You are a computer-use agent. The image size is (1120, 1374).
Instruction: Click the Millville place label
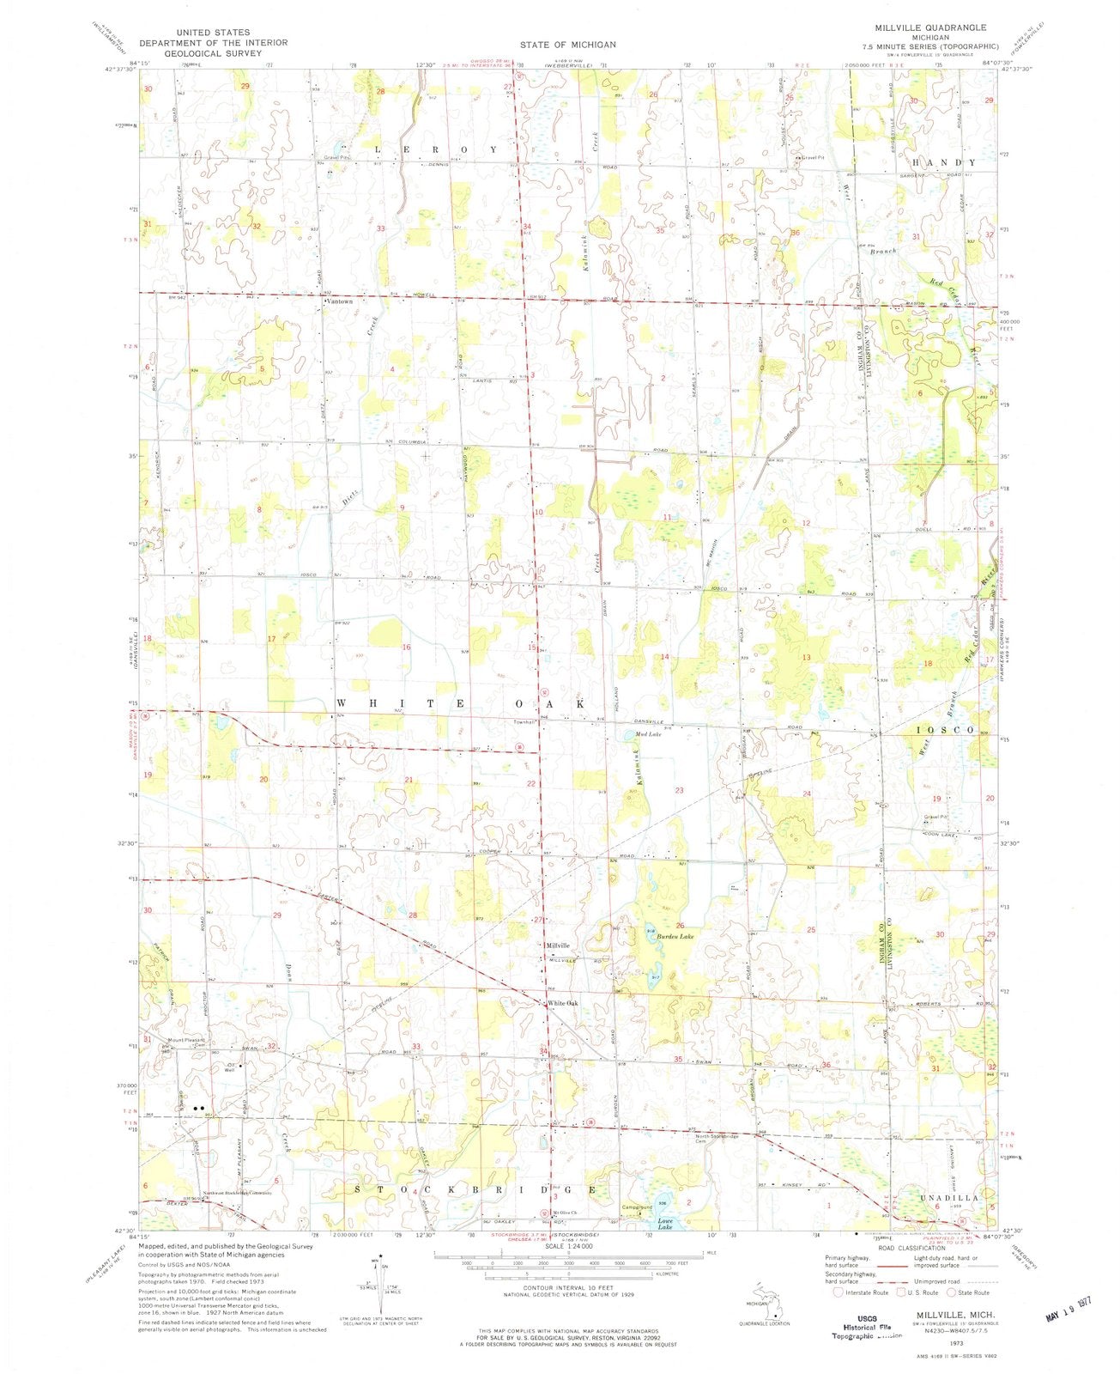coord(558,945)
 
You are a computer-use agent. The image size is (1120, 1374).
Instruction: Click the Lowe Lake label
coord(664,1224)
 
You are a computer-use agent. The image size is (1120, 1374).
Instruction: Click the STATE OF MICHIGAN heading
coord(567,44)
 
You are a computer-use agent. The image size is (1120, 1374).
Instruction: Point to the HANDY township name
coord(944,162)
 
